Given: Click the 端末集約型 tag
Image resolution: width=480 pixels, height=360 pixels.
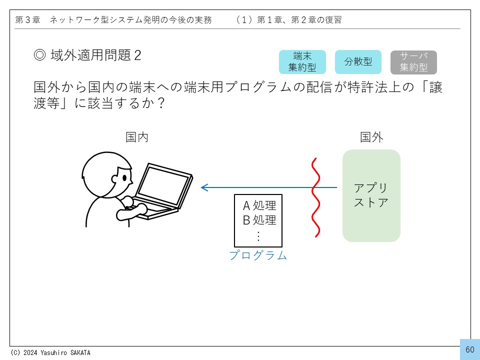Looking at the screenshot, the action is pos(302,62).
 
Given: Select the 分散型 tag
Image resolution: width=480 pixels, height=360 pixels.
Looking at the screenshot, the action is pos(358,62).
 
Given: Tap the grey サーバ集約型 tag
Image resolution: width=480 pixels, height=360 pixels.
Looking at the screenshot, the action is pos(413,62).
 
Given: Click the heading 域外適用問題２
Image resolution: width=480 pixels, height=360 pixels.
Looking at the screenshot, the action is pos(87,55).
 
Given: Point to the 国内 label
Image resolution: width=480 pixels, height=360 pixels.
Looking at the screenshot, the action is pos(137,137).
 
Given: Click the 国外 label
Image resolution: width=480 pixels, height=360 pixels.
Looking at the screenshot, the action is pos(371,137).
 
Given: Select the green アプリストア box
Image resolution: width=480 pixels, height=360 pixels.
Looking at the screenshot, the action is pos(371,195).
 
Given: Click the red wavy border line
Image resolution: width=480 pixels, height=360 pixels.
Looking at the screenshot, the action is pos(315,197).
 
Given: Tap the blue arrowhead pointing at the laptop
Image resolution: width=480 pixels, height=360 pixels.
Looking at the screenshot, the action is pos(204,187).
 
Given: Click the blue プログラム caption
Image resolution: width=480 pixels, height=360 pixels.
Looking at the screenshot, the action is pos(258,255).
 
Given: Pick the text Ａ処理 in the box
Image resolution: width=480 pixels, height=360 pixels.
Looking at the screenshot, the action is pos(259,205).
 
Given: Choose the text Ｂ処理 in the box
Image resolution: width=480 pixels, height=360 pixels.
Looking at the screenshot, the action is pos(259,220).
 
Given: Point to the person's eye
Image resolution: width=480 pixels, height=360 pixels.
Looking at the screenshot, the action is pos(124,178).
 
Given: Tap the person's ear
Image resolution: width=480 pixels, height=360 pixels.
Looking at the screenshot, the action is pos(115,179).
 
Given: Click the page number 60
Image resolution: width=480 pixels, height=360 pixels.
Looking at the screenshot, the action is pos(470,349).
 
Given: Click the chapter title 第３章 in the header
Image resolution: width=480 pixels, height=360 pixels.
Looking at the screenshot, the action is pos(28,20).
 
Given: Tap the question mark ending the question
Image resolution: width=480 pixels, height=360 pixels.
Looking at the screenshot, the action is pos(160,103).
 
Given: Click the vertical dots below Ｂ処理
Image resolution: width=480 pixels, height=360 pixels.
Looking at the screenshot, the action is pos(258,236).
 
